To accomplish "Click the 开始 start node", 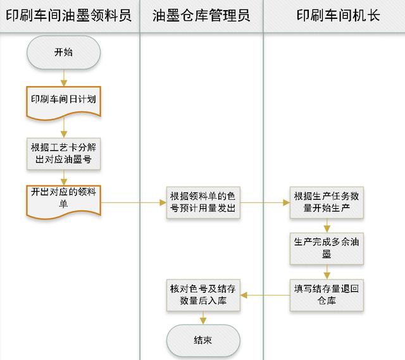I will [x=63, y=52].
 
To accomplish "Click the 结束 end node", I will [x=202, y=340].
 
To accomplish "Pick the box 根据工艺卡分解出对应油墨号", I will [x=63, y=153].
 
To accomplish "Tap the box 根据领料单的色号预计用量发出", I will [x=204, y=202].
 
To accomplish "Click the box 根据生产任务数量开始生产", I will [x=327, y=202].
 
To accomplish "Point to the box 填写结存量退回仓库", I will [x=327, y=295].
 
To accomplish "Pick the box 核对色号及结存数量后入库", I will [x=202, y=295].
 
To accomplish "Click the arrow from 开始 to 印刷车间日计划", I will [x=63, y=77].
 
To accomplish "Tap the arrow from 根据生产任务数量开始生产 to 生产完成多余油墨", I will [x=327, y=226].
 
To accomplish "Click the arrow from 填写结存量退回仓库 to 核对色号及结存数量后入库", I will [x=266, y=295].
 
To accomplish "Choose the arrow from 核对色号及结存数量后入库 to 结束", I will [x=202, y=318].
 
